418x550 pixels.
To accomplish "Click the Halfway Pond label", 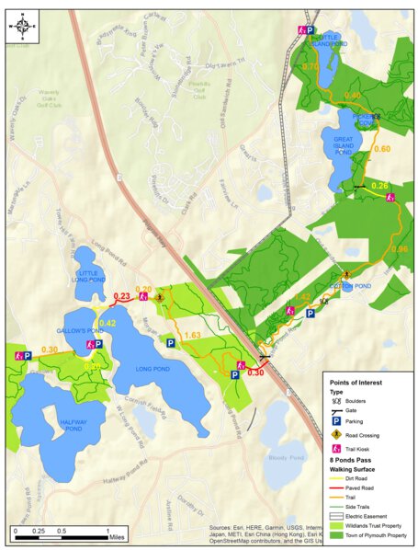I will (x=53, y=426).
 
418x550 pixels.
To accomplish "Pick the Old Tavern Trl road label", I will (x=227, y=64).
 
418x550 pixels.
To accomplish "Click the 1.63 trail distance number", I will (x=193, y=336).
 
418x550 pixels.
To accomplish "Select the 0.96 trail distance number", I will (x=399, y=249).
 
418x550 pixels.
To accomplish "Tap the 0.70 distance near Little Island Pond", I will (x=311, y=67).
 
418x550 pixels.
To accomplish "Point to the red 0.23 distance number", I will (x=119, y=295).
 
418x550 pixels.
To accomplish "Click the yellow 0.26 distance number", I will (x=379, y=186).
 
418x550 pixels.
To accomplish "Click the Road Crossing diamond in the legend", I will (x=336, y=433).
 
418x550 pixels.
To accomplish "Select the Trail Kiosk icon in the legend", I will (x=336, y=449).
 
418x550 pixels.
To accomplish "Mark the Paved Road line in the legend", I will (x=336, y=488).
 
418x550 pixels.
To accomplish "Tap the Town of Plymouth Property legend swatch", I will (x=336, y=534).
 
